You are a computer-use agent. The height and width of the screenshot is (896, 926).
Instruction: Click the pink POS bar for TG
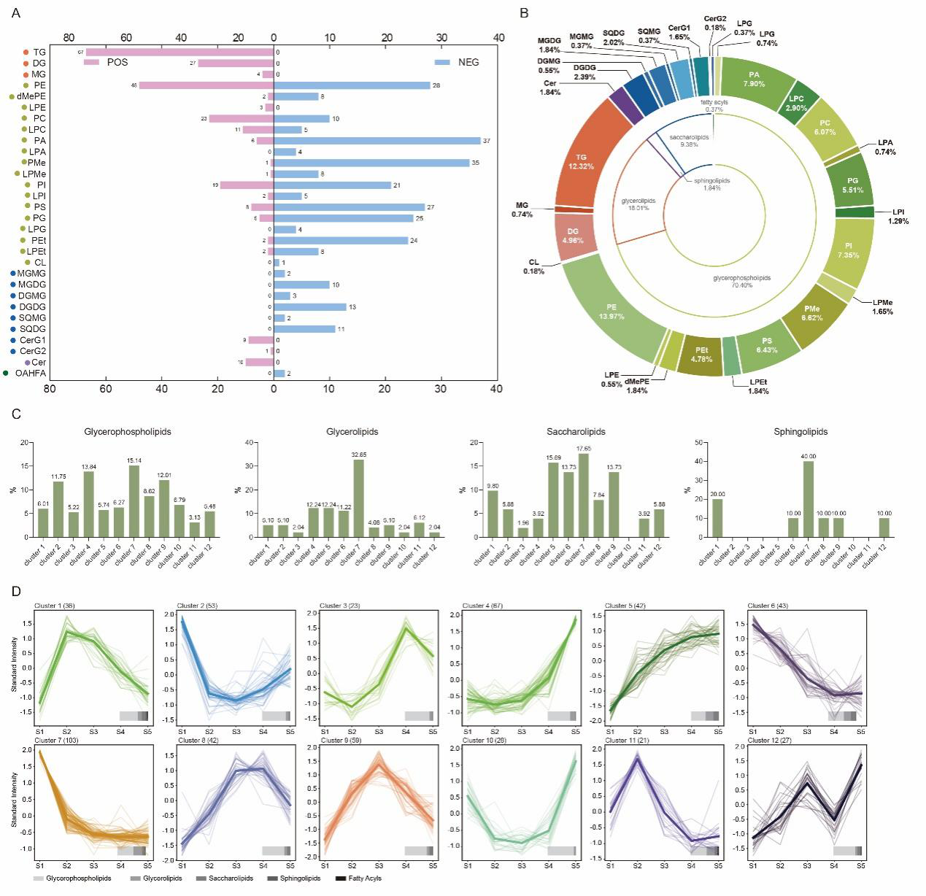pos(180,53)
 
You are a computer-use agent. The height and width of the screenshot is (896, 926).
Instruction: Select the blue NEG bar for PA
pos(377,141)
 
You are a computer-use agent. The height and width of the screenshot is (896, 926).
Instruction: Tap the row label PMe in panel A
pos(36,163)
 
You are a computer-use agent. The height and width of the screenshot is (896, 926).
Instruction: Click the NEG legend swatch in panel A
pos(441,63)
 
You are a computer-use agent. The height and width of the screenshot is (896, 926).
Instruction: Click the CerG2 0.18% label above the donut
pos(714,23)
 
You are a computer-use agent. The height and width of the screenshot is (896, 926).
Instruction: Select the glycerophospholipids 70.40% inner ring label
pos(741,282)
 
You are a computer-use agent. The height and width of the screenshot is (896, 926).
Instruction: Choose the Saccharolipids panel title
pos(576,432)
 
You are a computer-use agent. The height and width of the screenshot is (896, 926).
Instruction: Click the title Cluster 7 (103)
pos(56,741)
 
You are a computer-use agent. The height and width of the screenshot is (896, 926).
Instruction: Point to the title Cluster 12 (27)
pos(768,741)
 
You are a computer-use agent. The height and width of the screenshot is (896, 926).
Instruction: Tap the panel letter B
pos(523,12)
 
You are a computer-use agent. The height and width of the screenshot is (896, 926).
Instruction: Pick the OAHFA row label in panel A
pos(30,374)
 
